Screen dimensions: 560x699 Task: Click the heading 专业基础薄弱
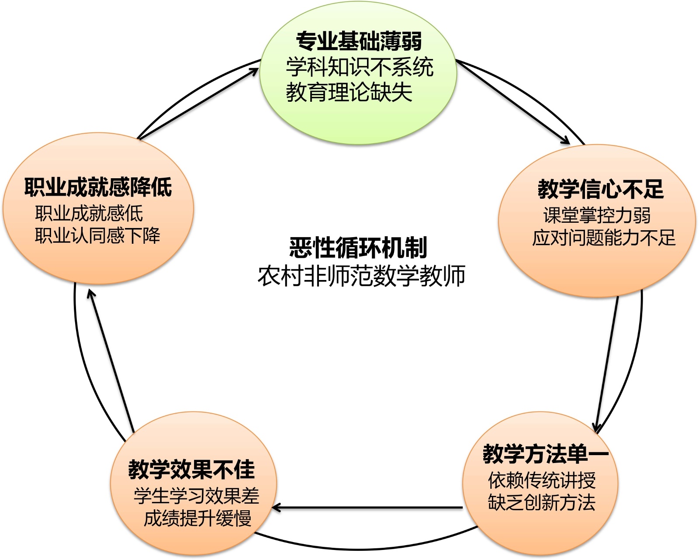(359, 41)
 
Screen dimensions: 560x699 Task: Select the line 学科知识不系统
(360, 67)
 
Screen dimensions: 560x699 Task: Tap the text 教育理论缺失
(349, 92)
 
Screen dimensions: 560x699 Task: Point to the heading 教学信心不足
(601, 189)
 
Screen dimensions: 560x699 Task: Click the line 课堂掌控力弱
(597, 215)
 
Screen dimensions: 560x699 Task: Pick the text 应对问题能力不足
(603, 238)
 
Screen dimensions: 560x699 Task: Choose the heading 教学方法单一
(545, 454)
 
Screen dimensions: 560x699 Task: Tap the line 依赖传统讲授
(542, 480)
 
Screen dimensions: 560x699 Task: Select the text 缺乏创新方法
(542, 503)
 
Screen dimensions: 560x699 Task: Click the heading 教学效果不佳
(191, 470)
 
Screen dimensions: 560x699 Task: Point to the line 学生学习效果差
(196, 496)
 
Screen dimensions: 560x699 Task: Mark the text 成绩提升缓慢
(197, 519)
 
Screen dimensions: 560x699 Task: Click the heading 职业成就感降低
(98, 187)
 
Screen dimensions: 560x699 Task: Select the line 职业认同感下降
(97, 236)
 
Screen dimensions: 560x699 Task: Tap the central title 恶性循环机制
(358, 248)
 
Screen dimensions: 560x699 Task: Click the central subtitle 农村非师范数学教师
(361, 276)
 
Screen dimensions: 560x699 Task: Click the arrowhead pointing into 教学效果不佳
(275, 508)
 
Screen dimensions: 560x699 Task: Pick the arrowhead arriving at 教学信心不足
(566, 141)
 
